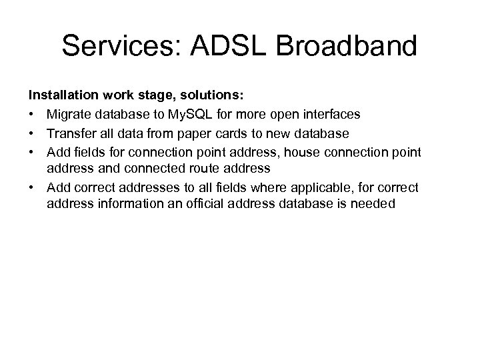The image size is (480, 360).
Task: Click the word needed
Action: point(375,203)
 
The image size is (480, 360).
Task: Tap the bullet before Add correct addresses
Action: point(32,187)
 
